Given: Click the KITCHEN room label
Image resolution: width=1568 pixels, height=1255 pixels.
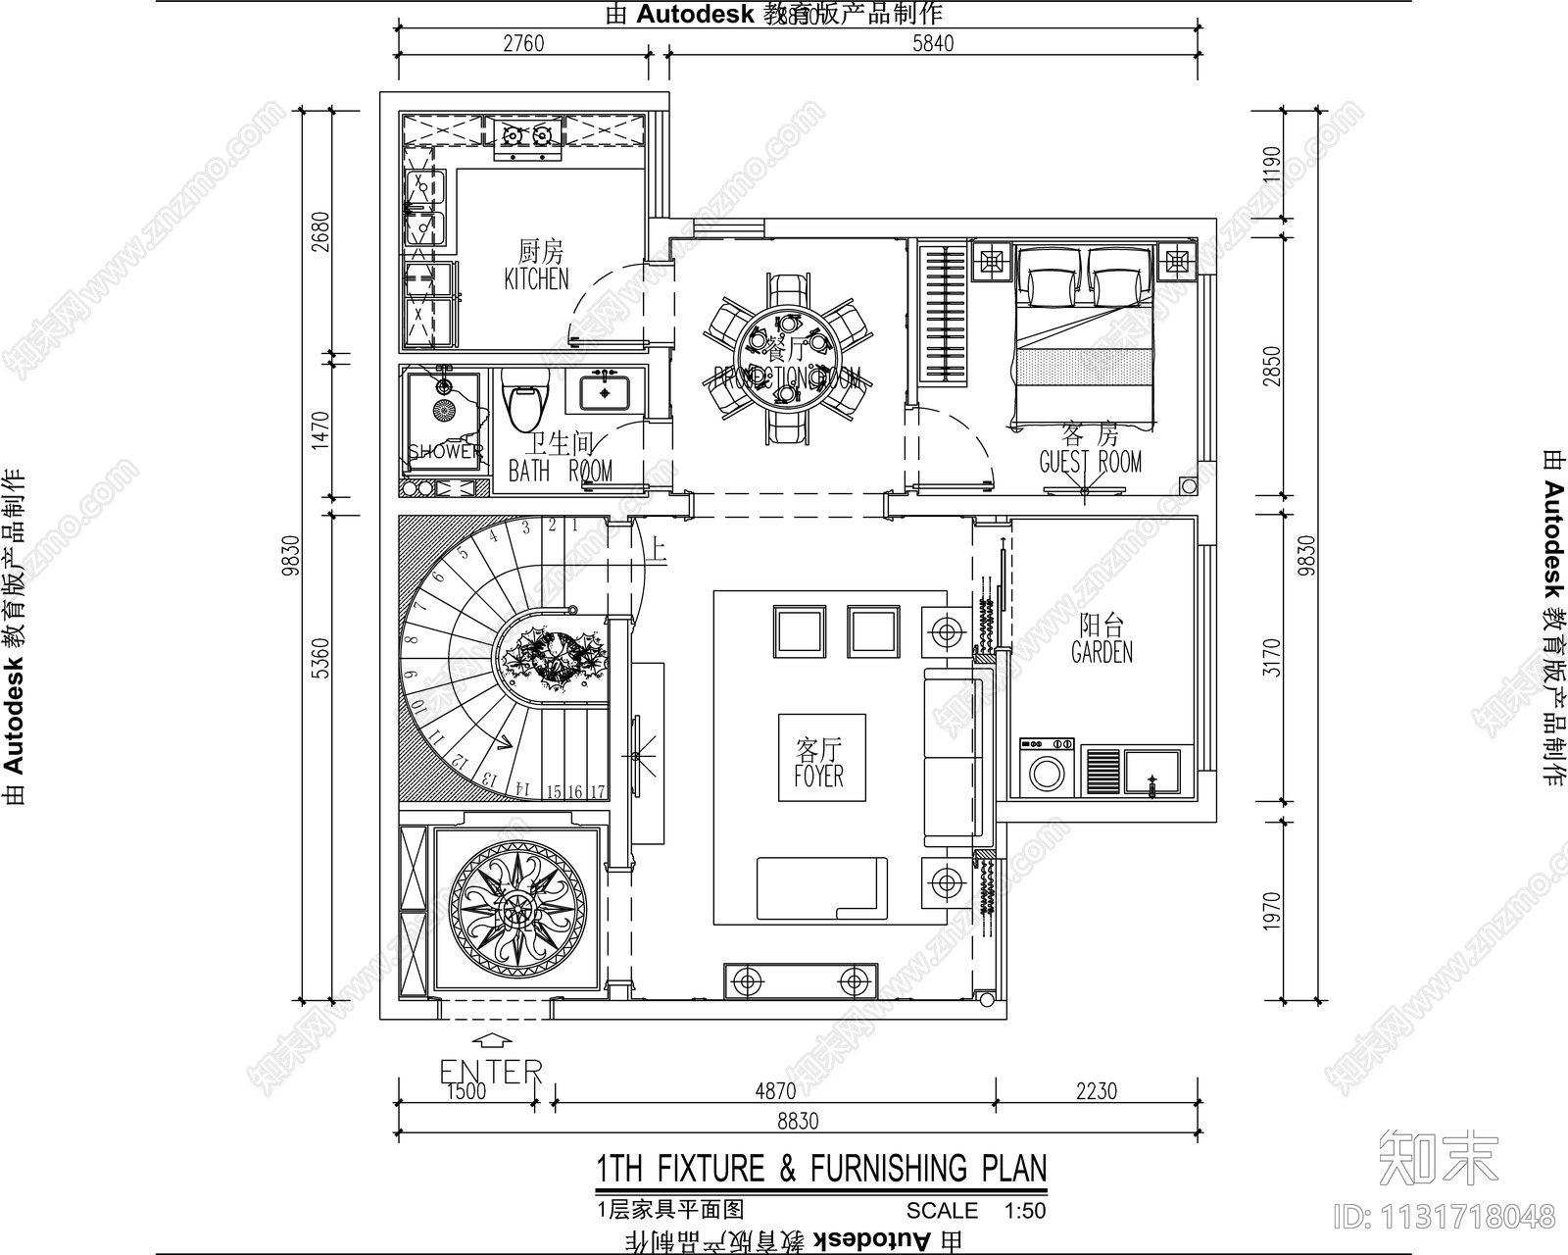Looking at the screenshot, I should tap(536, 278).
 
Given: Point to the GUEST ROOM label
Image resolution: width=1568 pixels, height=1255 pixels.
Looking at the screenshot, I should tap(1090, 461).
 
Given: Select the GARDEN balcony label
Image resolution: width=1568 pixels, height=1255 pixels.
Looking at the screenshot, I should tap(1102, 652).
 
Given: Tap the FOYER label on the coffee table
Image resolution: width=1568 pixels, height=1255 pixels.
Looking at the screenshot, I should tap(818, 776).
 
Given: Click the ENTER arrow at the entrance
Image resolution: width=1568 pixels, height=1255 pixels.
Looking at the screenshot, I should tap(491, 1043).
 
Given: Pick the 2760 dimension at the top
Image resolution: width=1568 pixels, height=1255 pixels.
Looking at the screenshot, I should tap(522, 43).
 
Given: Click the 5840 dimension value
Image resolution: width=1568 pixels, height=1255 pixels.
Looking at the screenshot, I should tap(932, 43).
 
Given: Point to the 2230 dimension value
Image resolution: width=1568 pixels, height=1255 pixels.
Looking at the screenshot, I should tap(1096, 1090).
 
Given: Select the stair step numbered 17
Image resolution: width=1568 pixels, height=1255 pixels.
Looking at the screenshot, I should tap(597, 791).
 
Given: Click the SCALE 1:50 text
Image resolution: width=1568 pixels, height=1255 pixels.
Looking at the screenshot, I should tap(975, 1210).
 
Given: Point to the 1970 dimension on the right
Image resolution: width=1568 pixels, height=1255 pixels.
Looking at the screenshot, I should tap(1272, 910).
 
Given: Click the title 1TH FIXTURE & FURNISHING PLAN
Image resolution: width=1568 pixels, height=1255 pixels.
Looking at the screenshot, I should tap(821, 1169).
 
